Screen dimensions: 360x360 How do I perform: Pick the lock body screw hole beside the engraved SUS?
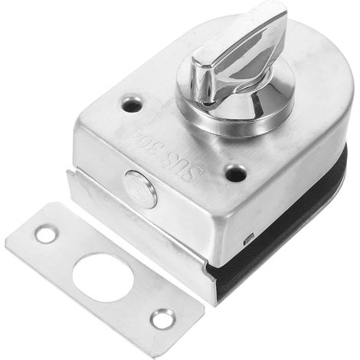coord(236,172)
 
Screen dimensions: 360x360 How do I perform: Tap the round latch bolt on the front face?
coord(140,188)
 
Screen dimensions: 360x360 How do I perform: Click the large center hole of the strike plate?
coord(103,278)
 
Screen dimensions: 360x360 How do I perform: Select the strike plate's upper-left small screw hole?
coord(46,233)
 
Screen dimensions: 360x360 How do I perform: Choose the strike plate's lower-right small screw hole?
coord(163,319)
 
